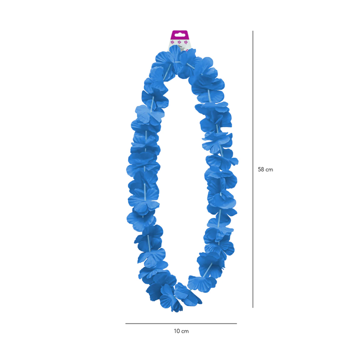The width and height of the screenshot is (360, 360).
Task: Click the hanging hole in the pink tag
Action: pos(179,35)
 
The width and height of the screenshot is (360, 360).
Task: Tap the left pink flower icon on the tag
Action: pos(172,42)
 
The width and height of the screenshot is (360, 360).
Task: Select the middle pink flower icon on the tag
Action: pos(179,42)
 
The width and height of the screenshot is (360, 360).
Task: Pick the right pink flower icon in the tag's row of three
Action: pos(186,42)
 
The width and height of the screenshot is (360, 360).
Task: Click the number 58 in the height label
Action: pos(261,169)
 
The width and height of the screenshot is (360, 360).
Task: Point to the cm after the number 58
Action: pos(269,170)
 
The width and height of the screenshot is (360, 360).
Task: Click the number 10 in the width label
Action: pos(177,331)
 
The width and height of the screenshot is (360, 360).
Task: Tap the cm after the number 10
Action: pos(185,331)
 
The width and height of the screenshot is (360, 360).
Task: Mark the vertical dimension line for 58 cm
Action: pos(253,169)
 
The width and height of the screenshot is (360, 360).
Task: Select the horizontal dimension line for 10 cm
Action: pos(181,323)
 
